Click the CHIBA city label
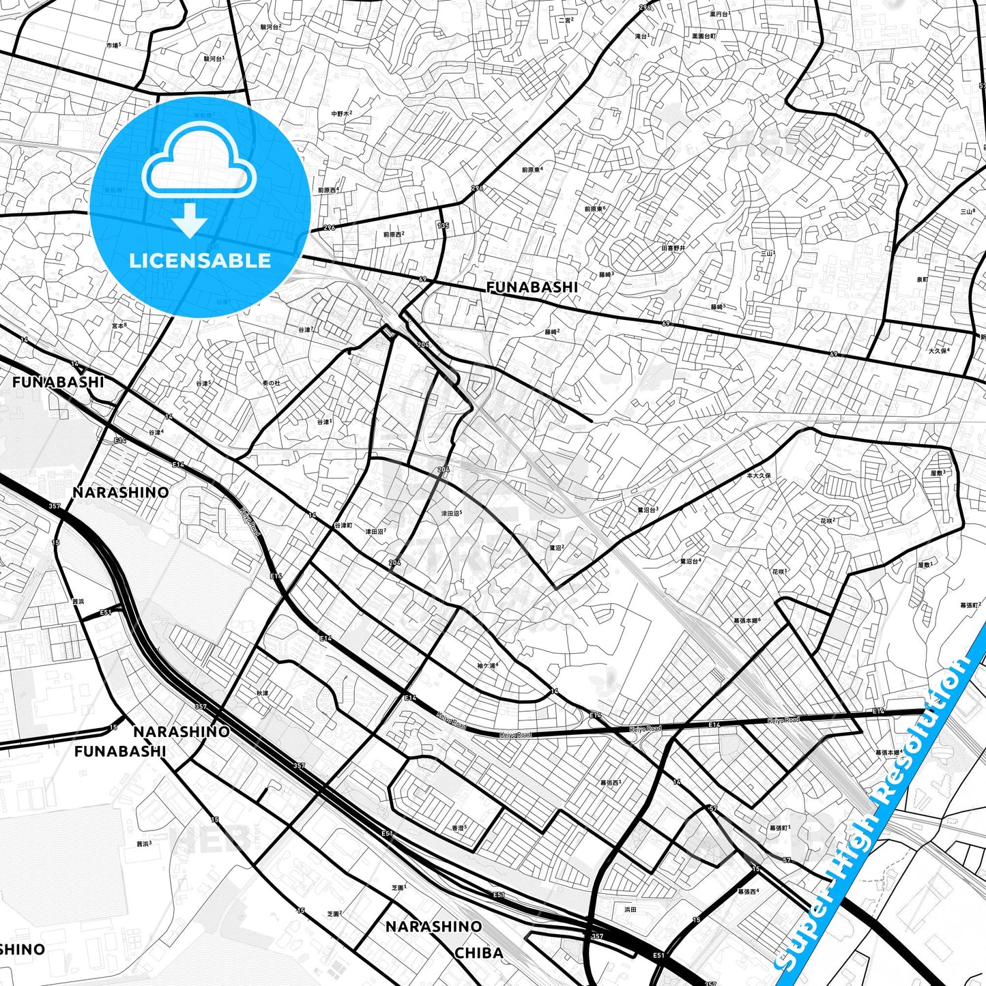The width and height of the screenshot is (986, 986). click(x=479, y=953)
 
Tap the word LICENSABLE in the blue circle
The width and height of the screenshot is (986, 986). click(x=200, y=260)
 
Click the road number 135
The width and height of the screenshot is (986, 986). click(x=444, y=226)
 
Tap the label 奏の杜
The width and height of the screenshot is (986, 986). click(x=272, y=383)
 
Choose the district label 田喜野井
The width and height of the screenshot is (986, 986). click(x=673, y=248)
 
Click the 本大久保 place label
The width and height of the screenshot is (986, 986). click(x=759, y=475)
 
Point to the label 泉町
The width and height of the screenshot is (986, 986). click(x=922, y=279)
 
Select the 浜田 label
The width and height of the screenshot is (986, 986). click(x=630, y=909)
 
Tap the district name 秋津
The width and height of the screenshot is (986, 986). click(x=263, y=693)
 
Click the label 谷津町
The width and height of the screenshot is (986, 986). click(x=343, y=526)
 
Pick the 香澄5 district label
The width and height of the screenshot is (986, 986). click(x=459, y=828)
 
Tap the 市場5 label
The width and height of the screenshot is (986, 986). click(x=113, y=45)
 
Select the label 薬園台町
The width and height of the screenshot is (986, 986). click(x=704, y=35)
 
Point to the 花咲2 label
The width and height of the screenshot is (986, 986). click(x=828, y=521)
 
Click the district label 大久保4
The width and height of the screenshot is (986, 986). click(x=938, y=351)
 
